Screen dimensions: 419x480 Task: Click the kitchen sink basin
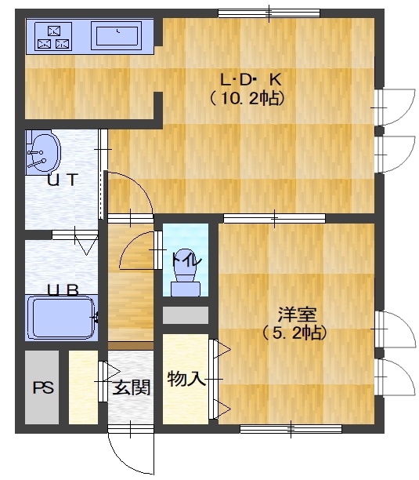click(117, 35)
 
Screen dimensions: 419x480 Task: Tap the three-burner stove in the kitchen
click(53, 36)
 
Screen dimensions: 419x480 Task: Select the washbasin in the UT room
click(43, 152)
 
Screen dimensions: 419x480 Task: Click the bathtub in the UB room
click(61, 318)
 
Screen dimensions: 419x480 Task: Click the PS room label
click(43, 388)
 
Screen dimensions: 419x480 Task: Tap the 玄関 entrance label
click(132, 387)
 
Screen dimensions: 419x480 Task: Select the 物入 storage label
click(186, 379)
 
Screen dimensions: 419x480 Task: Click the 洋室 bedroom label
click(297, 315)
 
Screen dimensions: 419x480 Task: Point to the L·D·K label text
click(251, 80)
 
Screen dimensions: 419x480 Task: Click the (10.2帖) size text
click(247, 99)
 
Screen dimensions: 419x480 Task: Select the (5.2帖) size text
click(294, 333)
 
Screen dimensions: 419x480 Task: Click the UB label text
click(63, 290)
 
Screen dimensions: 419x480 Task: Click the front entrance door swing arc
click(117, 458)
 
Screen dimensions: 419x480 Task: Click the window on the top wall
click(269, 13)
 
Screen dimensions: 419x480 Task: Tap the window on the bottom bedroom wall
click(291, 429)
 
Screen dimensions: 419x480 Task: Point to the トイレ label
click(186, 260)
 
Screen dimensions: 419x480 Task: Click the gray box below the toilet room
click(186, 315)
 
